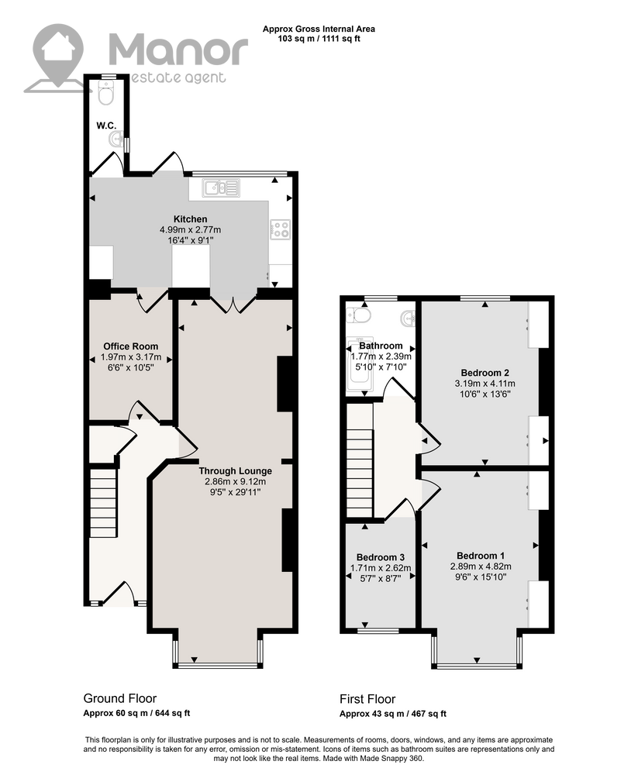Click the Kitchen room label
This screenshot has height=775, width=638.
point(191,219)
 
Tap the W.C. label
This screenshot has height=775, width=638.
point(106,126)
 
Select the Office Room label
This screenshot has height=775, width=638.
point(131,346)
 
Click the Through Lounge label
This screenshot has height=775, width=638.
point(236,471)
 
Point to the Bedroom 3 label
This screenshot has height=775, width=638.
point(381,557)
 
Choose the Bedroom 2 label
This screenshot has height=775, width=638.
point(485,373)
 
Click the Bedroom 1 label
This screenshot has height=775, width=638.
point(481,556)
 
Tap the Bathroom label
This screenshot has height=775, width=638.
point(381,346)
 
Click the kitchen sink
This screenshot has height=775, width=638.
point(221,188)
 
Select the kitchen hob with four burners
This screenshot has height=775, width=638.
point(280,229)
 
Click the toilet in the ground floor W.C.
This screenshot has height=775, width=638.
point(106,93)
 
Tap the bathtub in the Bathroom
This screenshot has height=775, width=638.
point(357,364)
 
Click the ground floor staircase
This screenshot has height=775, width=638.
point(103,503)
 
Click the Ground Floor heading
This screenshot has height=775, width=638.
point(119,698)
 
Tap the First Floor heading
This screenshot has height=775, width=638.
point(367,699)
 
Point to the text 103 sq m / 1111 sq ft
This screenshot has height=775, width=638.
point(319,39)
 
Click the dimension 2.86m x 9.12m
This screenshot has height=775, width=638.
point(236,481)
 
